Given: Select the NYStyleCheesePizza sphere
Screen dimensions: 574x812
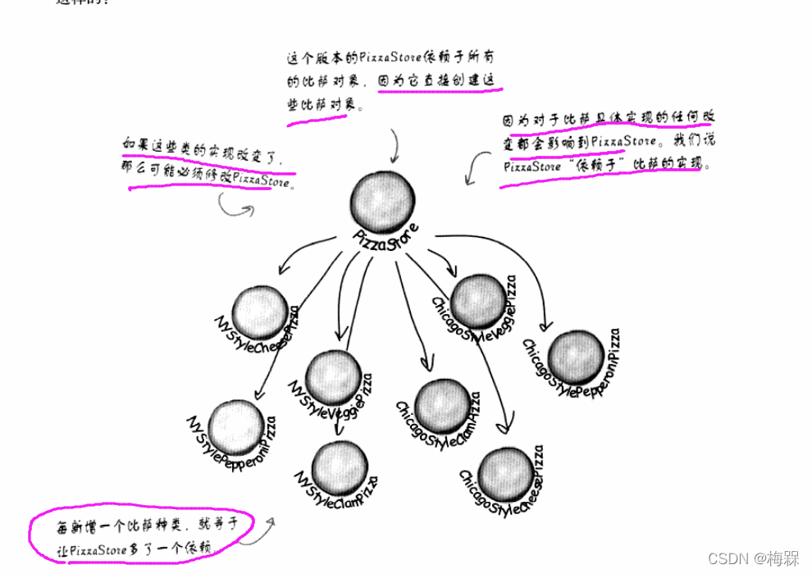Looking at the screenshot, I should [260, 309].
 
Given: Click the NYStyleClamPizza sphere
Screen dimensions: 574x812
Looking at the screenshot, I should [340, 465].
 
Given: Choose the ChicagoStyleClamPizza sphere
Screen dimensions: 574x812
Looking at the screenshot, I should [443, 405].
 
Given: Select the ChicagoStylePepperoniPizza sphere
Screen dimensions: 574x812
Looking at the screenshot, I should [576, 358].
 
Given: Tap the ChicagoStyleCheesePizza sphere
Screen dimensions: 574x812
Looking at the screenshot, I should [506, 473].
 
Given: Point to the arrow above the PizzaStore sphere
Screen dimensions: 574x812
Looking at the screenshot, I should [395, 147].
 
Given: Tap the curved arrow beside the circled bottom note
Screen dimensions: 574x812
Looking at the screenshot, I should [258, 529].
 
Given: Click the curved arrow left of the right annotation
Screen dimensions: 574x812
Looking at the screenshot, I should [474, 167].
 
